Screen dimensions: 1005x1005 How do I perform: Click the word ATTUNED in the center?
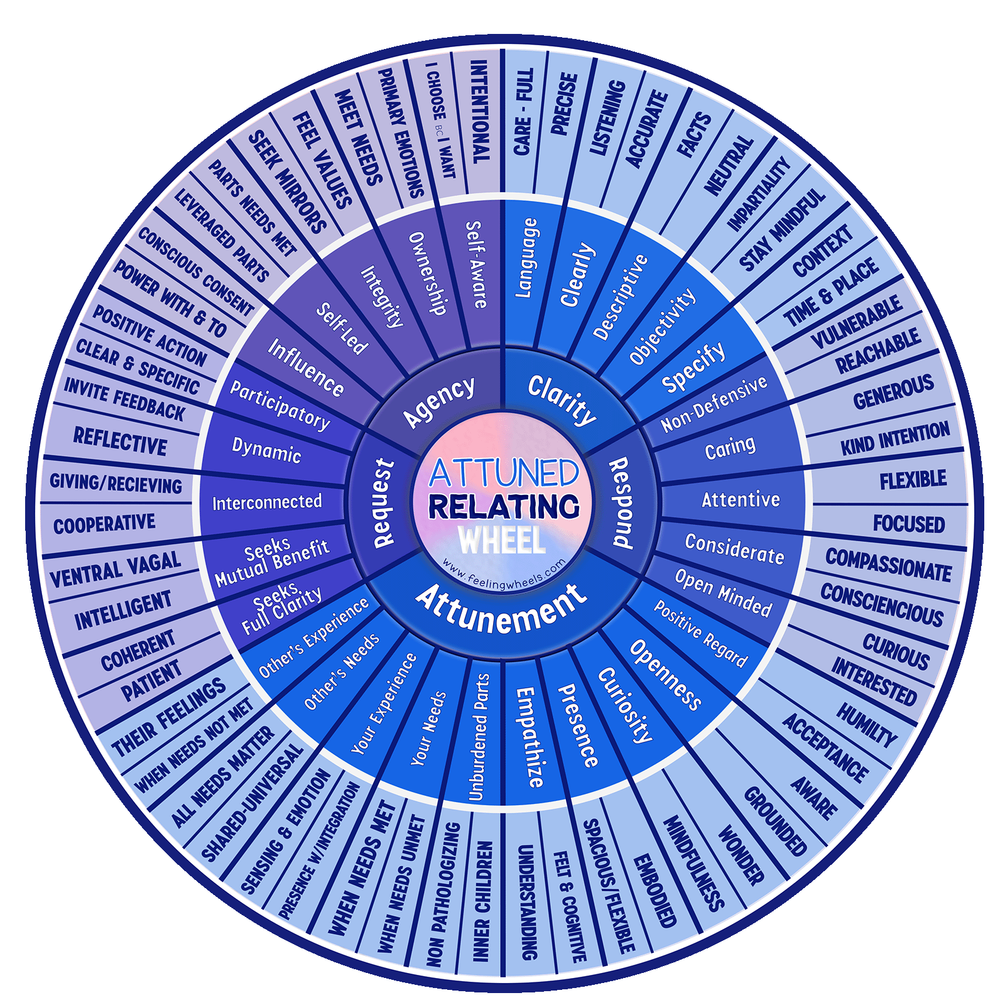[503, 472]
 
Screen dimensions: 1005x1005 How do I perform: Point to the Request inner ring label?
[383, 503]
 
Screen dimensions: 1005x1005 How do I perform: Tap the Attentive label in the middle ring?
[741, 500]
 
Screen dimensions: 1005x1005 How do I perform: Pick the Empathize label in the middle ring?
[529, 737]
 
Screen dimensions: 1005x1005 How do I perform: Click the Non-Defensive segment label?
[714, 404]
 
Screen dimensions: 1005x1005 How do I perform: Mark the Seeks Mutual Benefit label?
[271, 561]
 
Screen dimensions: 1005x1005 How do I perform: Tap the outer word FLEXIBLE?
[913, 480]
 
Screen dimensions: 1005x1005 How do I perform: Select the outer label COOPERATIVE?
[104, 524]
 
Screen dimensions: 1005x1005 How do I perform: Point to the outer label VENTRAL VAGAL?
[115, 569]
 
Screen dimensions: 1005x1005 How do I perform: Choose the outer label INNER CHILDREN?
[482, 902]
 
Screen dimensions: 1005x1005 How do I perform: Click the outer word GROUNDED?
[775, 821]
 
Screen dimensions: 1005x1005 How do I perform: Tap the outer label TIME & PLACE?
[831, 293]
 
